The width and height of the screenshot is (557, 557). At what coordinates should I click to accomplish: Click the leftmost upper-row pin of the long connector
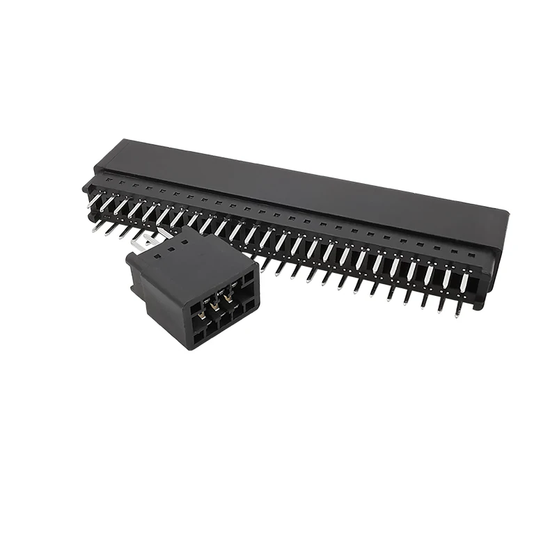coord(94,200)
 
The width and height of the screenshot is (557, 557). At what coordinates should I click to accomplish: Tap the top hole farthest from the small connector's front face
coord(185,237)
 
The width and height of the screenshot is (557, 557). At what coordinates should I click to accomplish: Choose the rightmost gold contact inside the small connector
coord(228,299)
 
